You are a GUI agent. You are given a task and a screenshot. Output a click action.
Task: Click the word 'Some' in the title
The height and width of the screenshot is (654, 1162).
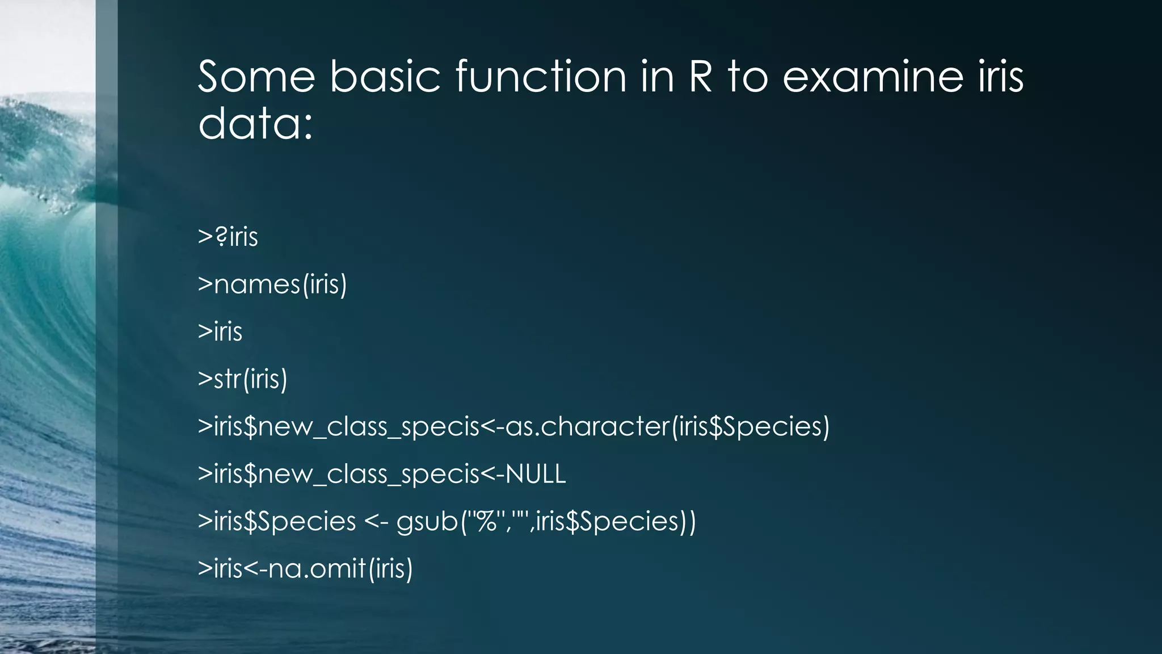256,77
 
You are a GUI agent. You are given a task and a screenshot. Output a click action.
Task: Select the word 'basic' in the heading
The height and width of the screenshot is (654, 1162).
385,77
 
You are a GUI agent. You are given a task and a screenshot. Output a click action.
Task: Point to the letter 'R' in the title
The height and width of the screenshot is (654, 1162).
700,77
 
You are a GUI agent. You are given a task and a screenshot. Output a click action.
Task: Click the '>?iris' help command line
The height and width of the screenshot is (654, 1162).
228,237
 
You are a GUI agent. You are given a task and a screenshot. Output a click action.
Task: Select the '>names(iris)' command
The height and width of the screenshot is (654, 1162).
272,284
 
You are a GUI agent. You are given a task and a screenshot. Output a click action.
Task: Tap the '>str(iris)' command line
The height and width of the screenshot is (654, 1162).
242,379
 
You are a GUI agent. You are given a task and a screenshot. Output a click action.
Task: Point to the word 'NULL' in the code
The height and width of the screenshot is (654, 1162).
535,474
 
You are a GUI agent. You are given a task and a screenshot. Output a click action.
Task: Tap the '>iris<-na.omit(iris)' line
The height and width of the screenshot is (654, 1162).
305,569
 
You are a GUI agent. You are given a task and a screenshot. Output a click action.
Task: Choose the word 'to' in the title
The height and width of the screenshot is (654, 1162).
748,77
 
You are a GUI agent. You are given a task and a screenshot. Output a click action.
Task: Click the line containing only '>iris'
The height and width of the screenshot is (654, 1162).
220,332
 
